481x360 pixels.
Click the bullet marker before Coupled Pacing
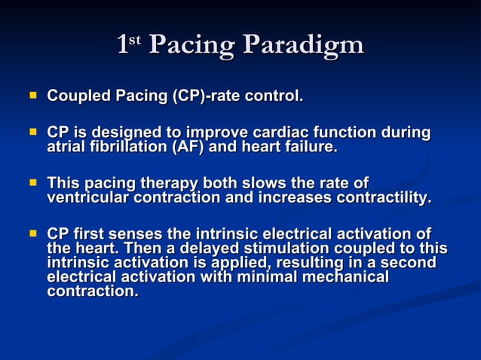pos(32,96)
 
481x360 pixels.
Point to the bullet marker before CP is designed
pos(32,133)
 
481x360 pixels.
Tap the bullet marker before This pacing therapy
pos(32,183)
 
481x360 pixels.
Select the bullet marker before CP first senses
pos(32,233)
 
